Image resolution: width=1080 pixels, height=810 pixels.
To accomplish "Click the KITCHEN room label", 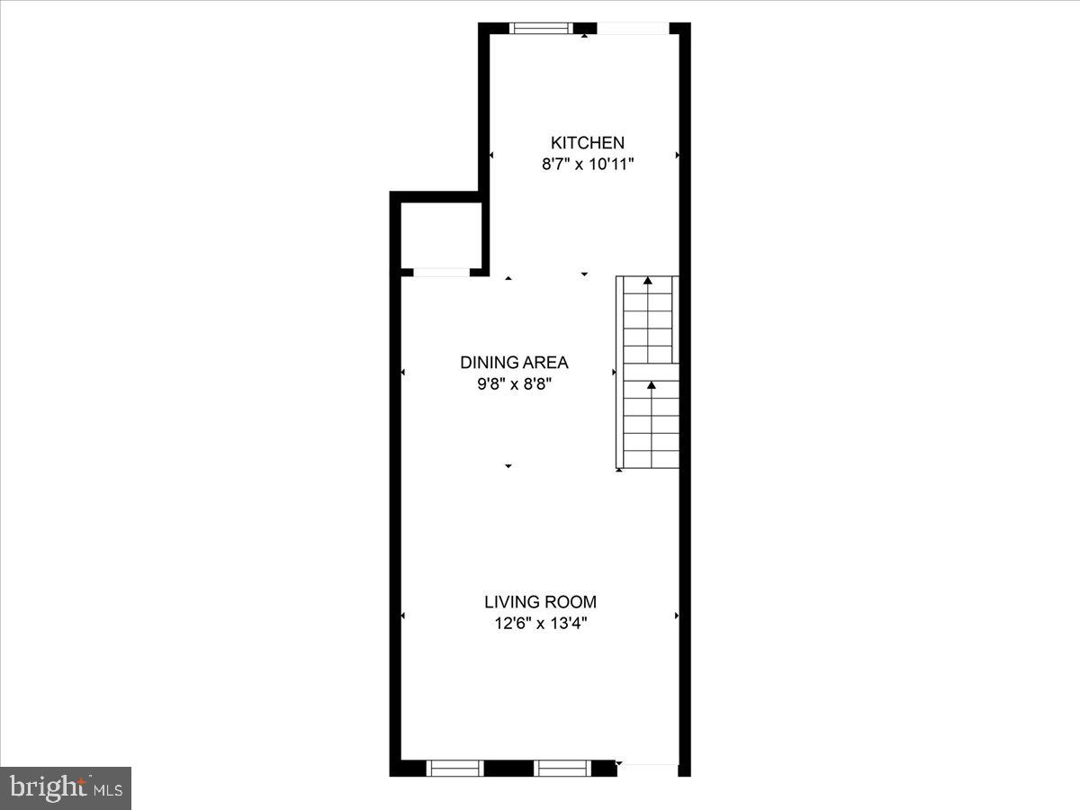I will point(587,142).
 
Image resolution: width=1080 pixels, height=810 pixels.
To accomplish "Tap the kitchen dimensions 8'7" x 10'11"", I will point(587,165).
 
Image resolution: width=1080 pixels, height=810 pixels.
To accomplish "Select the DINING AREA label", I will point(514,363).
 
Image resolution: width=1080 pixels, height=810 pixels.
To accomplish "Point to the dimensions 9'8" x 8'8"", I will point(514,385).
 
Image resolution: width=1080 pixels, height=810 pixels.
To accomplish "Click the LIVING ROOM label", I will point(540,602).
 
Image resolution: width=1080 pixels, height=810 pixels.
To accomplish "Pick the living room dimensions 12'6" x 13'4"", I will point(540,625).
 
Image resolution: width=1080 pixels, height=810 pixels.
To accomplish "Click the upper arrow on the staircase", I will point(648,282).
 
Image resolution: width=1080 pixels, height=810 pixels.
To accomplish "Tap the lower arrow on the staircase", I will point(651,386).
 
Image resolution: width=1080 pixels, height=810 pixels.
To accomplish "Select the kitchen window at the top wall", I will point(541,28).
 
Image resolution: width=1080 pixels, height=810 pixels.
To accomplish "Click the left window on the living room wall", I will point(454,768).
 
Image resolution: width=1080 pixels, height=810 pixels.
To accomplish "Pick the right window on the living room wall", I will point(562,768).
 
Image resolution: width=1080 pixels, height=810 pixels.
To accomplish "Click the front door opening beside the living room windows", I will point(648,768).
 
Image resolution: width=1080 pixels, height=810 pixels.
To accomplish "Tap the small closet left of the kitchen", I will point(441,236).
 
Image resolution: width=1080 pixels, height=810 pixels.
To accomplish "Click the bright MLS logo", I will point(66,788).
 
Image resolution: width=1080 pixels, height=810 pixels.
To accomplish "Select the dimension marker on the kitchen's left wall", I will point(491,156).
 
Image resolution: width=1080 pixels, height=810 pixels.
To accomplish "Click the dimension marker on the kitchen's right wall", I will point(677,156).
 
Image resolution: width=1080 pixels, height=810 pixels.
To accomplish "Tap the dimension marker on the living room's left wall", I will point(403,616).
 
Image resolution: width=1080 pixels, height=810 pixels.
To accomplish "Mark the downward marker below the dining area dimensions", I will point(508,466).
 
